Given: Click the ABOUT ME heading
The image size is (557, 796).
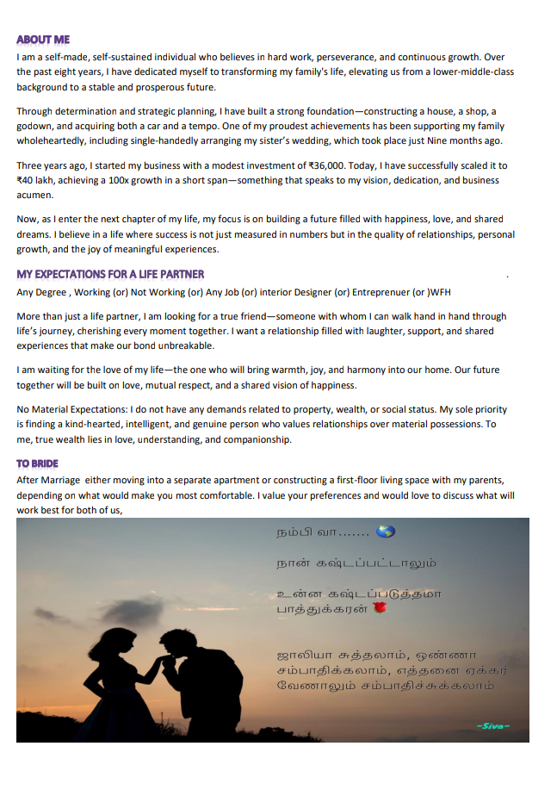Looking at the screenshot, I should click(43, 40).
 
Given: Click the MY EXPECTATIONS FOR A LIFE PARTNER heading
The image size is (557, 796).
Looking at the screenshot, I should click(110, 274).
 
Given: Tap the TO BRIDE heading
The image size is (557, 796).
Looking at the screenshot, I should click(37, 463).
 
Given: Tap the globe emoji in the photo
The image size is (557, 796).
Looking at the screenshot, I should click(385, 532).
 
